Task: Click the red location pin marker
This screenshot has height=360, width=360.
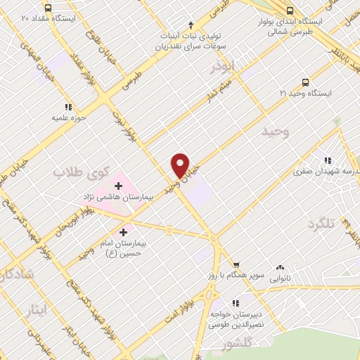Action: point(181,165)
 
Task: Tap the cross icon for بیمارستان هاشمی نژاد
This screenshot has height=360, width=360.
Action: point(118,186)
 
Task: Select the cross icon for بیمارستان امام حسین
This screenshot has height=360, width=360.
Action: point(124,231)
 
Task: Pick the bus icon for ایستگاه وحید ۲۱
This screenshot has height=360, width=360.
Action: point(304,82)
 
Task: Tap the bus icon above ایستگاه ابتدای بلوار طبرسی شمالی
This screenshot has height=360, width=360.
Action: point(290,11)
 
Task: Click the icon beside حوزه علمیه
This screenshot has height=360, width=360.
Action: point(68,107)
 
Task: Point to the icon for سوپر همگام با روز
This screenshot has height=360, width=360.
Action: point(237,264)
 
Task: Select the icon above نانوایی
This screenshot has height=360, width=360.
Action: point(281,267)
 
